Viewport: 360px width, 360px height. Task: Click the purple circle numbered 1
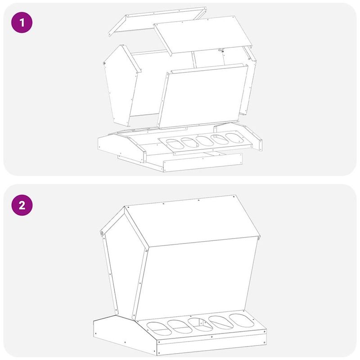(x=22, y=22)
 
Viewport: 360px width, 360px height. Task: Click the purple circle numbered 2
(x=22, y=205)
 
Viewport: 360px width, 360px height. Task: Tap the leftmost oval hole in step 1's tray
(x=175, y=144)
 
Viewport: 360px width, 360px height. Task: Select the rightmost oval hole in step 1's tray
(x=234, y=138)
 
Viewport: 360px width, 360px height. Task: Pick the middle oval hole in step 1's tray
(x=205, y=141)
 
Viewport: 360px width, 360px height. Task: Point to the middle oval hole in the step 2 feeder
(x=200, y=324)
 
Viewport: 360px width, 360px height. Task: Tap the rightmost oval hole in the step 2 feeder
(x=242, y=320)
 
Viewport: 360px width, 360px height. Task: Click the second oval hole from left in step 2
(x=180, y=327)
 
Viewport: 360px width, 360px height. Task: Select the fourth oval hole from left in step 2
(x=221, y=322)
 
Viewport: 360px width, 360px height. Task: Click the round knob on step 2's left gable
(x=102, y=233)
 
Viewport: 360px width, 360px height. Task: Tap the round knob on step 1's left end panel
(x=104, y=63)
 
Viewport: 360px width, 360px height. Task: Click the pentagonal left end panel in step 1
(x=121, y=85)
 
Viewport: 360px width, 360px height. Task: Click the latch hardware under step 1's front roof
(x=221, y=50)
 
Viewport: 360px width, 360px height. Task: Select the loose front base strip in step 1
(x=203, y=162)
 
